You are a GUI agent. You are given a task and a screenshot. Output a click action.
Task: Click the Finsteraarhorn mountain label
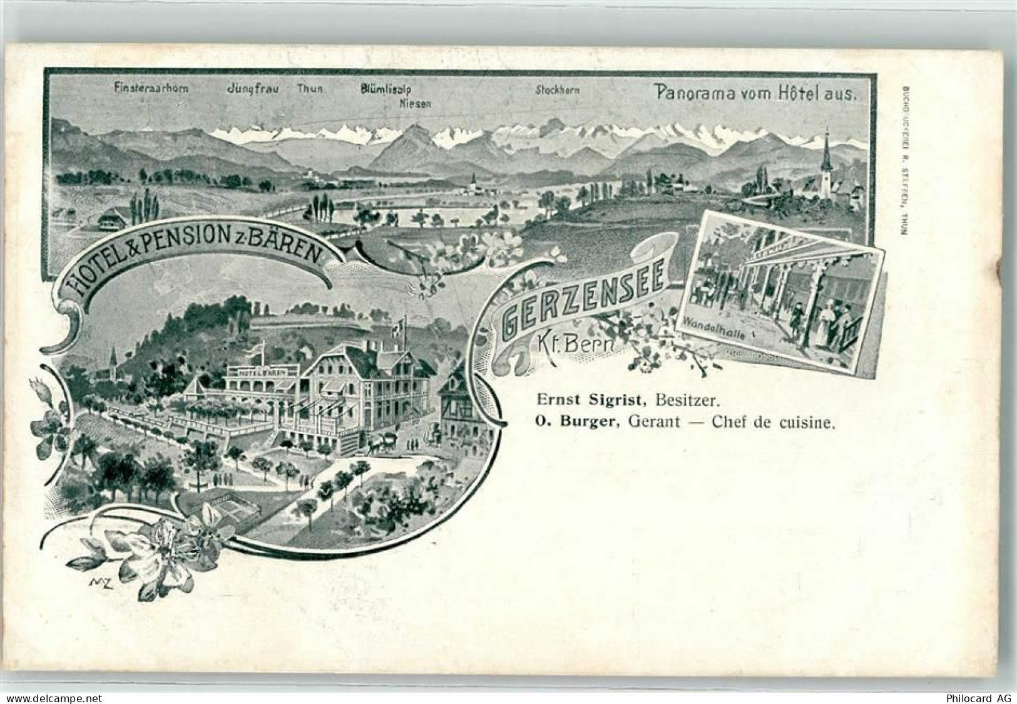pos(151,89)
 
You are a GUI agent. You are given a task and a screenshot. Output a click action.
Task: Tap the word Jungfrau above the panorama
pos(252,89)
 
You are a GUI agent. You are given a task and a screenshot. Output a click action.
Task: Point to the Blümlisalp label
pos(386,90)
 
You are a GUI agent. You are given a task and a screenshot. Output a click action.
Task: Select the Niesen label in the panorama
pos(415,104)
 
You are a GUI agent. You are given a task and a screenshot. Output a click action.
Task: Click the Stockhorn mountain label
pos(557,90)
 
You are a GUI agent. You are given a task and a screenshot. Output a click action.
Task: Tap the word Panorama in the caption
pos(689,92)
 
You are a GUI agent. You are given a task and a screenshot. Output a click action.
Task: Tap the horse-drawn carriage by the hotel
pos(381,443)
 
